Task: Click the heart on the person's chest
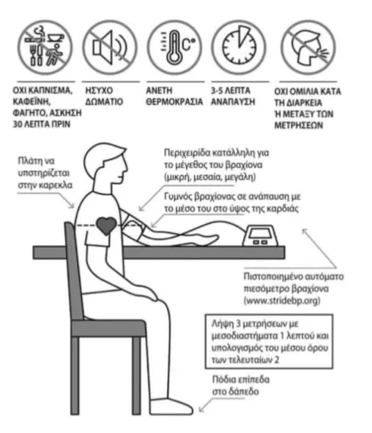106,225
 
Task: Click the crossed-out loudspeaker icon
110,48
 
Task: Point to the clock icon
240,48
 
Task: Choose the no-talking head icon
308,48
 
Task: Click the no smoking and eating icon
45,48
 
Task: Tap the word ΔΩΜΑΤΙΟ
104,102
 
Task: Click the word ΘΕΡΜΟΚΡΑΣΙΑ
175,102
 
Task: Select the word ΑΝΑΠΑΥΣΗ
233,102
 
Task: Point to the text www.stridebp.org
282,301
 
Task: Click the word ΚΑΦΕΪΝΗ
32,102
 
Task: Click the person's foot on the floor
171,407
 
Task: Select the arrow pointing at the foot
205,405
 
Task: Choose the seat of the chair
109,328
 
